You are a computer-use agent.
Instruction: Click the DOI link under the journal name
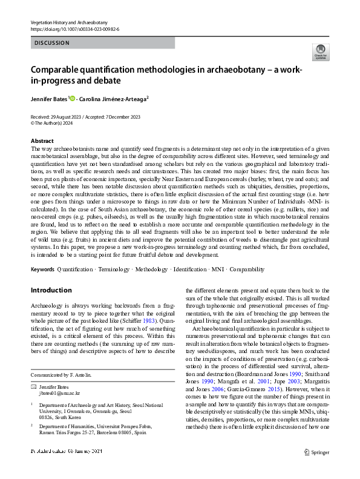click(x=76, y=29)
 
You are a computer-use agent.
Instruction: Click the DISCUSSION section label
click(x=52, y=43)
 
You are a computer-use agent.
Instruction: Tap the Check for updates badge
click(x=319, y=51)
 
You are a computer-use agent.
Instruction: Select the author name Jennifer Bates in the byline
click(x=49, y=97)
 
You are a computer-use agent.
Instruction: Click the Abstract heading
click(x=42, y=140)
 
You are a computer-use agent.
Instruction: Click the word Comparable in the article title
click(x=59, y=69)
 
